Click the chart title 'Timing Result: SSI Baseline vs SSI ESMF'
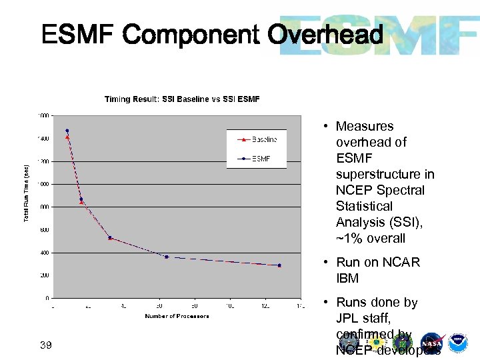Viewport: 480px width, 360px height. click(182, 99)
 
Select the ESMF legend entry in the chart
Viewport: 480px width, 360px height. click(259, 159)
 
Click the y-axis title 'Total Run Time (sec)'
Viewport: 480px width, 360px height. click(27, 194)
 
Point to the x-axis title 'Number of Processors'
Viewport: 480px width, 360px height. click(177, 316)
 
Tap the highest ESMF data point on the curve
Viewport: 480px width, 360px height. click(67, 131)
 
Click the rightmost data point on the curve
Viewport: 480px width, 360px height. click(279, 265)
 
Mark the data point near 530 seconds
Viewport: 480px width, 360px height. click(110, 237)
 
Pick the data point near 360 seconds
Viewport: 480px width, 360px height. click(167, 257)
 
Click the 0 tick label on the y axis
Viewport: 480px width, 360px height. click(46, 298)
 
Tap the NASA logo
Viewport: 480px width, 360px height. click(431, 342)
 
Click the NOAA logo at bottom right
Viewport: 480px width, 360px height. click(457, 342)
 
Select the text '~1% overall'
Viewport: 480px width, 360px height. click(370, 238)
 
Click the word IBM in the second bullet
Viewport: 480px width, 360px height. click(347, 278)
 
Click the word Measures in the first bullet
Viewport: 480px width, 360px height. click(364, 126)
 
